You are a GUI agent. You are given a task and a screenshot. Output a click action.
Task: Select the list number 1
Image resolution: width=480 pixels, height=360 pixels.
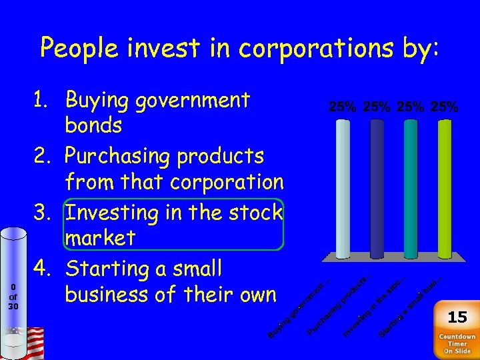point(46,100)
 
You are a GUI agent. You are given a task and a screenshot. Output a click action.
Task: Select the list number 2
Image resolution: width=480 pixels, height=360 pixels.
point(46,156)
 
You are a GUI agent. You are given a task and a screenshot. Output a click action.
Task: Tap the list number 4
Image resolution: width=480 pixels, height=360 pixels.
point(46,269)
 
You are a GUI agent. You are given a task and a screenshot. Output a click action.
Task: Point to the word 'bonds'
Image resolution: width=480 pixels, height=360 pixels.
point(93,126)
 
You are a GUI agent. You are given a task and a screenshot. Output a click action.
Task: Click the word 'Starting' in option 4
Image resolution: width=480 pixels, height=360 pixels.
point(111,270)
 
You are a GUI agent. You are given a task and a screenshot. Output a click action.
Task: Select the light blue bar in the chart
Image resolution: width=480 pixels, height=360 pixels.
point(343,188)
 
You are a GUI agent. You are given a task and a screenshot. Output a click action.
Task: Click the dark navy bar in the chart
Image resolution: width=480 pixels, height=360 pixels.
point(377,188)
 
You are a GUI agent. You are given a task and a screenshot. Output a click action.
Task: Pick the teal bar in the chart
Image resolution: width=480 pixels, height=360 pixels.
point(411,188)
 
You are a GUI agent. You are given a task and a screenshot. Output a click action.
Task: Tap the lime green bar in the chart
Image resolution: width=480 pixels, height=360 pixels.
point(445,188)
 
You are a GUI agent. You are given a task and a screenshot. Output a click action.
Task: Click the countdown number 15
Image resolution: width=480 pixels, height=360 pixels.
point(457,317)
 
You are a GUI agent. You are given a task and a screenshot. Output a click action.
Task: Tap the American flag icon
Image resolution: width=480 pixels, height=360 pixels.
point(31,342)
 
